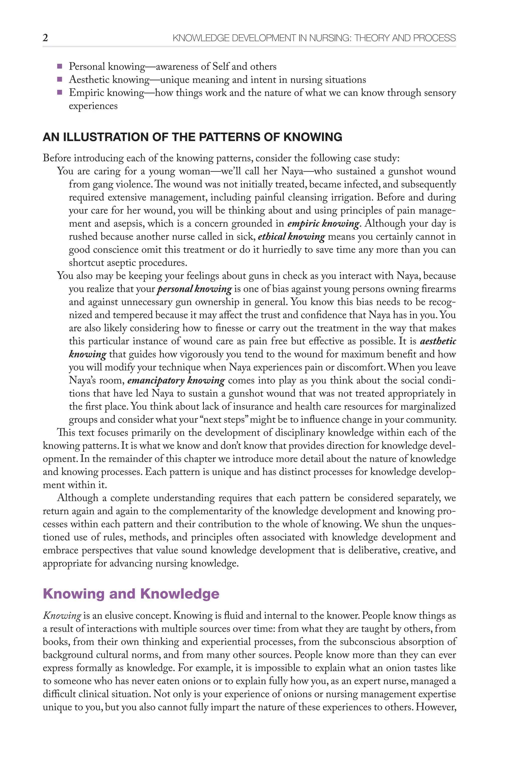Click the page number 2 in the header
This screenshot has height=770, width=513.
(45, 38)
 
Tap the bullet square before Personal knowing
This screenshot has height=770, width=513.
(60, 66)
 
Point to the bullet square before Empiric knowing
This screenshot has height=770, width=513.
(60, 93)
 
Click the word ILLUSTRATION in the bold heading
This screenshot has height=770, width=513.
(106, 137)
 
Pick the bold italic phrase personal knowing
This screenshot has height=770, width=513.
(194, 289)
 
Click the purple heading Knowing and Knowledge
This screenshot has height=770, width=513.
(131, 594)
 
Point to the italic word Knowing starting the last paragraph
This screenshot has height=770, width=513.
(62, 616)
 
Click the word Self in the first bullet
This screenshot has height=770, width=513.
(221, 66)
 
